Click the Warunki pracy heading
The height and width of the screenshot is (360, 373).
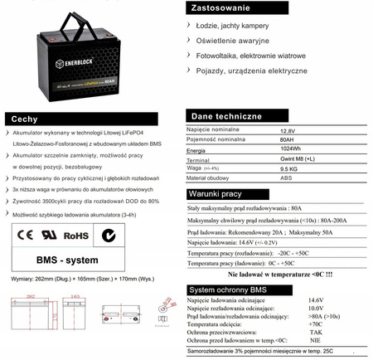click(x=217, y=195)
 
